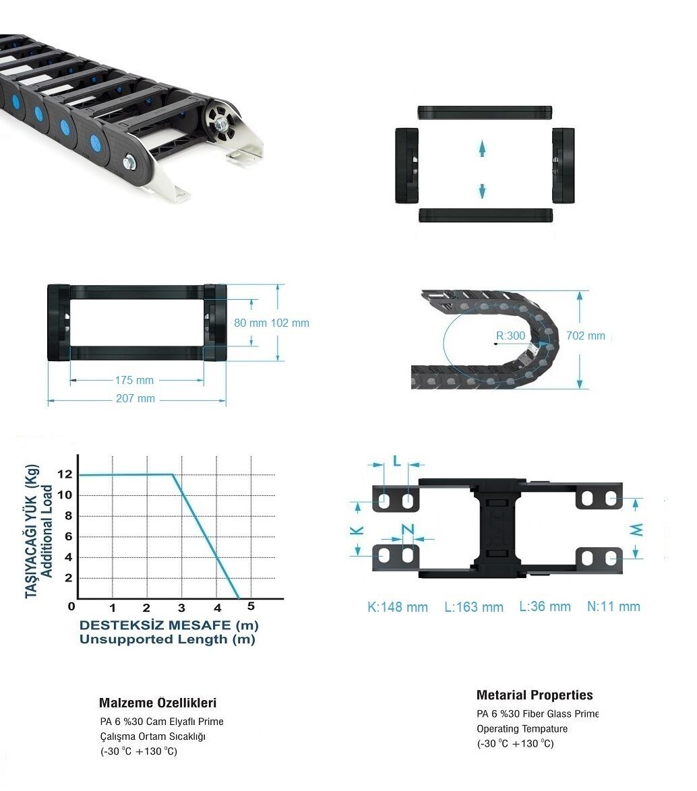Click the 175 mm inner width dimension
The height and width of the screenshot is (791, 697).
click(x=134, y=381)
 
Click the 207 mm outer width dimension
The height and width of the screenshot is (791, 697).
click(x=135, y=398)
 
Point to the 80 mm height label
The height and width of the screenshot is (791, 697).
click(x=250, y=323)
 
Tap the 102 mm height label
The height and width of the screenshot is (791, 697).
click(x=291, y=323)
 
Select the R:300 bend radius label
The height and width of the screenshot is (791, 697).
click(x=511, y=336)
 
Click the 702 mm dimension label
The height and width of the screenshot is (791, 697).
click(x=586, y=336)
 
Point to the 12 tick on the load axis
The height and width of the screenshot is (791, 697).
click(x=65, y=474)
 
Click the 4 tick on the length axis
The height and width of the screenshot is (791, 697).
click(x=218, y=607)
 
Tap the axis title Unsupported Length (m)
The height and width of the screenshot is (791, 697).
click(x=167, y=639)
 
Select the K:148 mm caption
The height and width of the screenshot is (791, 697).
click(x=398, y=607)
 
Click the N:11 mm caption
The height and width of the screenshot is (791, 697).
click(x=613, y=606)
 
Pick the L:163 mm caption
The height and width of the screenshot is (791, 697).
click(x=474, y=607)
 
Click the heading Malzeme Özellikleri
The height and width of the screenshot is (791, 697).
click(x=158, y=703)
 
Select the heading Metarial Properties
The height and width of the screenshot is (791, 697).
click(x=535, y=695)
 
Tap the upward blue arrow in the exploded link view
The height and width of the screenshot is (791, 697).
click(x=482, y=148)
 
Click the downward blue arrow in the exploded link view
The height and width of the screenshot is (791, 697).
click(x=482, y=191)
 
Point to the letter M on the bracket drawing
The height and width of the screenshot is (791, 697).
click(x=637, y=530)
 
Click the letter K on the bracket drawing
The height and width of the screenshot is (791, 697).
click(x=357, y=530)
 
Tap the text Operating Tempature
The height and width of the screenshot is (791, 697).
click(x=522, y=728)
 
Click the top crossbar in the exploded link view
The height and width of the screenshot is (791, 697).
click(x=485, y=112)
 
